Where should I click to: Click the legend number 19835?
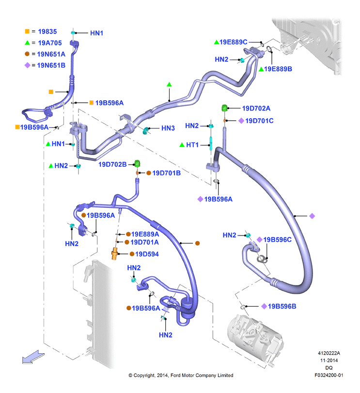(x=47, y=31)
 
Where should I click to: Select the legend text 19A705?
(x=50, y=43)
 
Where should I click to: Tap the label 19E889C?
(x=233, y=42)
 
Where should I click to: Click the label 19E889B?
(x=278, y=69)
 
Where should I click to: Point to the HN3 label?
(x=168, y=128)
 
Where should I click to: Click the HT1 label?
(x=192, y=145)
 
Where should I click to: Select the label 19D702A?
(x=256, y=108)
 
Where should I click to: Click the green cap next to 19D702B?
(x=137, y=163)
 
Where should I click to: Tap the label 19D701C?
(x=259, y=121)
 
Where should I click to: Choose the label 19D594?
(x=147, y=254)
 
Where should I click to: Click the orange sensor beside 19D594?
(x=114, y=254)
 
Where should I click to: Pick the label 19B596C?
(x=277, y=239)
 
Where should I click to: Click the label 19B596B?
(x=282, y=306)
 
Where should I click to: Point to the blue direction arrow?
(x=33, y=357)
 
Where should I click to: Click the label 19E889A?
(x=145, y=234)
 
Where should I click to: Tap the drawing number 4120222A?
(x=329, y=353)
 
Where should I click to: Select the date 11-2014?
(x=329, y=361)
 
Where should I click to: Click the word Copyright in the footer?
(x=144, y=376)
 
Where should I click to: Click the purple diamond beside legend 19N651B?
(x=27, y=65)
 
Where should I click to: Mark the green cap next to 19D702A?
(x=224, y=108)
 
